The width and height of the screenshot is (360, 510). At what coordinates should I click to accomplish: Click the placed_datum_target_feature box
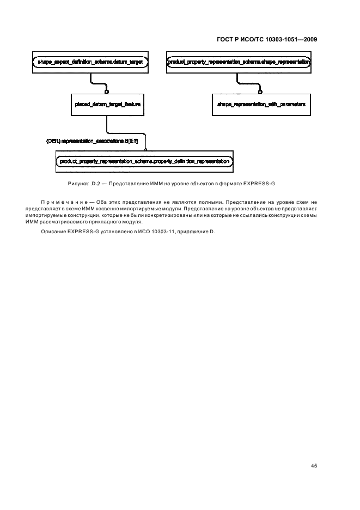pos(107,104)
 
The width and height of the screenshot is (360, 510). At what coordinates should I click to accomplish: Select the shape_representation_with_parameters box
pos(261,104)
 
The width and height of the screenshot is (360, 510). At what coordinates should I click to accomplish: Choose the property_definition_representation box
pos(144,161)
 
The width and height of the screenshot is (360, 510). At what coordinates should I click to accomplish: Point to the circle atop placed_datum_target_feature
pos(107,92)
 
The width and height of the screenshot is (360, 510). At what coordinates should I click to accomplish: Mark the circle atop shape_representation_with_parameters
pos(261,92)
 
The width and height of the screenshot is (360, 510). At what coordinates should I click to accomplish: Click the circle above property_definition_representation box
pos(145,150)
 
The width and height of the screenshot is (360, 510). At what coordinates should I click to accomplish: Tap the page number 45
pos(314,466)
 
